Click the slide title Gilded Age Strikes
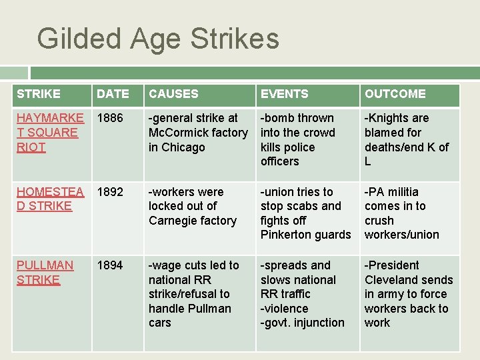pos(158,39)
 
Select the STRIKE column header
pos(39,94)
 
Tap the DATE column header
pos(113,94)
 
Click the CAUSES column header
pos(173,94)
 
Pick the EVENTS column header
pos(284,94)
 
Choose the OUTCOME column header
pos(395,94)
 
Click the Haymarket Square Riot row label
pos(50,132)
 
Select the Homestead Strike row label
pos(50,199)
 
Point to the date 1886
pos(110,118)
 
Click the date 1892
pos(110,192)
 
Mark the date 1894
pos(110,265)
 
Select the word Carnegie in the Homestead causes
pos(173,221)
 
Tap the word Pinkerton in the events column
pos(287,235)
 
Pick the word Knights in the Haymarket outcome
pos(389,118)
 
